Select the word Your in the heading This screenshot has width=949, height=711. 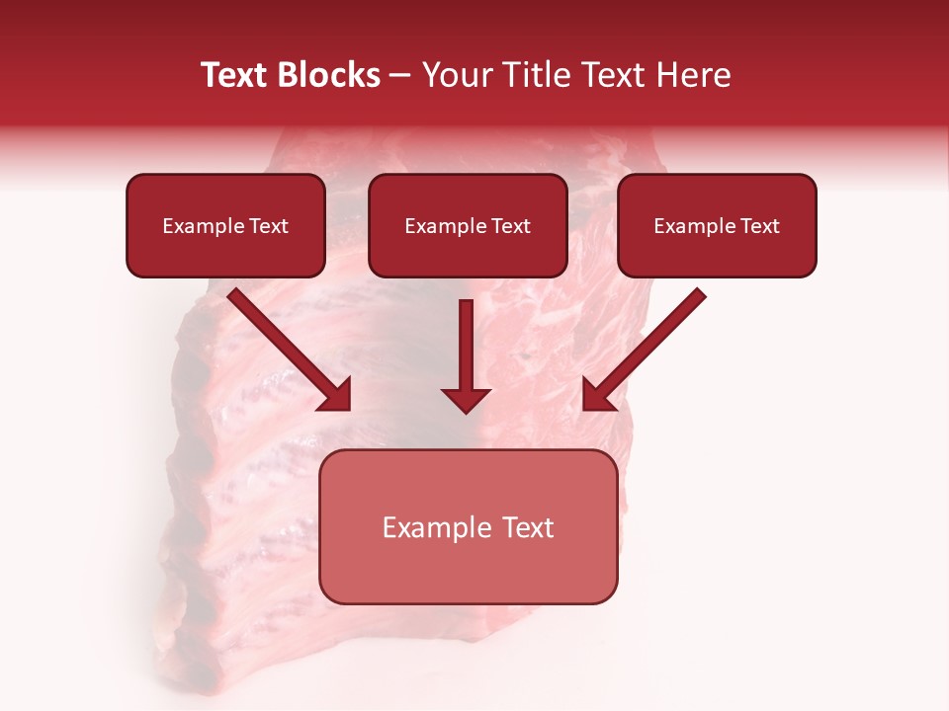coord(455,75)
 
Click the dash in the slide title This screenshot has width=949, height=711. coord(400,76)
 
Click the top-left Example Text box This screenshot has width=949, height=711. coord(225,225)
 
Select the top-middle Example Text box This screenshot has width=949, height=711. coord(468,225)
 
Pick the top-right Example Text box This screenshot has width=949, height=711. coord(717,225)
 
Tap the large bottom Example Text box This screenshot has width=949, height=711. coord(468,526)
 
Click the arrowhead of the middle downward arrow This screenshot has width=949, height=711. coord(466,400)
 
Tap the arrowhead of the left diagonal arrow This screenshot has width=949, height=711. coord(335,395)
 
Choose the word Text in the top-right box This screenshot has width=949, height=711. coord(759,226)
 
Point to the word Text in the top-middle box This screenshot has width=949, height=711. coord(510,226)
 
